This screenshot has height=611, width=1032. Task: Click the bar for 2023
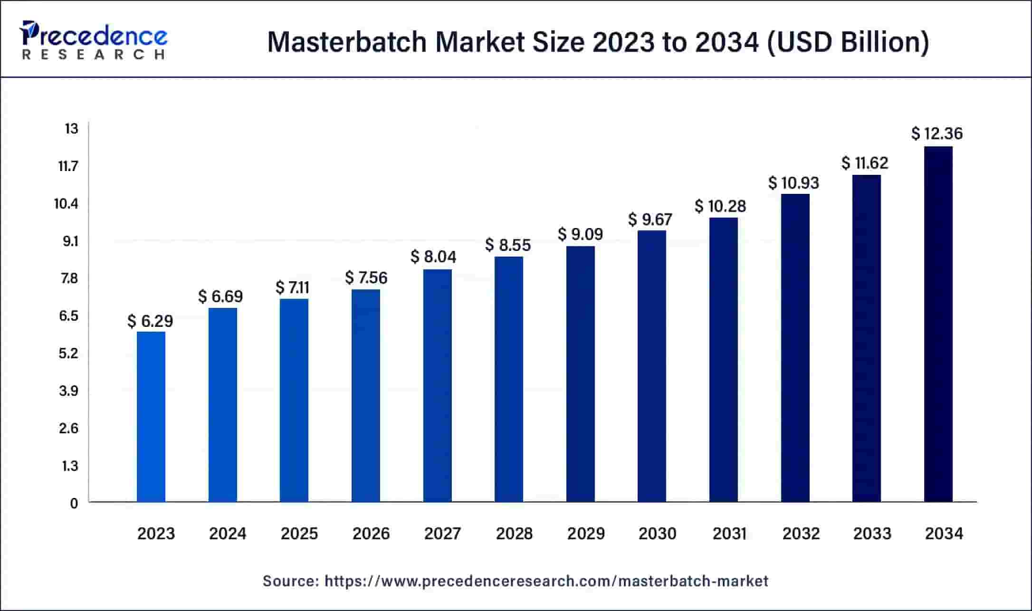pyautogui.click(x=151, y=417)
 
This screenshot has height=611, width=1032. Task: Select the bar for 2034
pyautogui.click(x=938, y=324)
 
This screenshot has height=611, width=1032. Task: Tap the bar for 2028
pyautogui.click(x=508, y=379)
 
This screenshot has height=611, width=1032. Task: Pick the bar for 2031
pyautogui.click(x=723, y=360)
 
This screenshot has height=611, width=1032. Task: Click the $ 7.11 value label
pyautogui.click(x=292, y=288)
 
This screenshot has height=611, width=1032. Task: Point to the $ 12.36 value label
pyautogui.click(x=937, y=134)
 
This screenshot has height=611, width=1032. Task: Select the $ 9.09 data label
pyautogui.click(x=580, y=234)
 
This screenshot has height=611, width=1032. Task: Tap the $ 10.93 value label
pyautogui.click(x=793, y=183)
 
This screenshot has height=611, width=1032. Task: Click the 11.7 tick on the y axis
pyautogui.click(x=68, y=166)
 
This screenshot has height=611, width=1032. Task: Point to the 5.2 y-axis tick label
pyautogui.click(x=68, y=353)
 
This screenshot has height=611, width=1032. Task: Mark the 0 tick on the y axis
pyautogui.click(x=74, y=504)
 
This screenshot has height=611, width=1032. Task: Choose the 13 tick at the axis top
pyautogui.click(x=71, y=129)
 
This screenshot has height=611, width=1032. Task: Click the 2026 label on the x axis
pyautogui.click(x=371, y=534)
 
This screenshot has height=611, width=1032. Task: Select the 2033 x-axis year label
pyautogui.click(x=872, y=534)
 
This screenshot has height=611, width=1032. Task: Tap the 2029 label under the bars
pyautogui.click(x=586, y=534)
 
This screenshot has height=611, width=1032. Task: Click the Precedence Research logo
pyautogui.click(x=94, y=40)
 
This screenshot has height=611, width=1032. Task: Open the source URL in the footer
pyautogui.click(x=546, y=581)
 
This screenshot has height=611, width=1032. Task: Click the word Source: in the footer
pyautogui.click(x=291, y=581)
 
